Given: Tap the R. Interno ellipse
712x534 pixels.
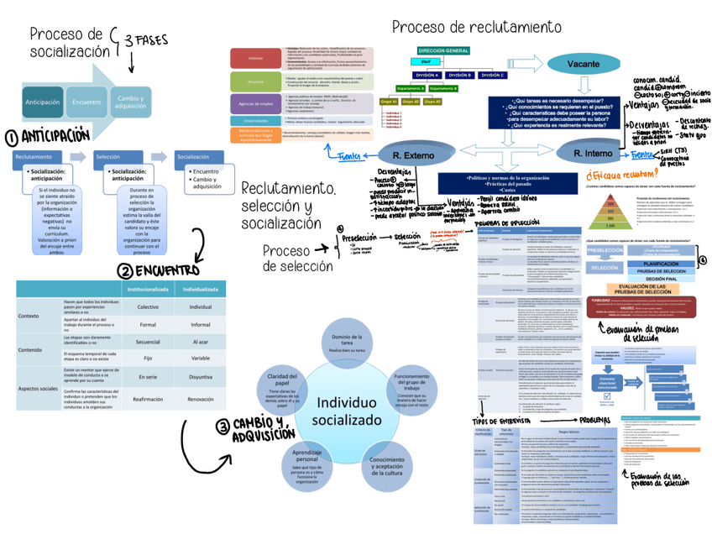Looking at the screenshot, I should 594,155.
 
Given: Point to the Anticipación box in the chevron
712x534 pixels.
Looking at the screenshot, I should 43,102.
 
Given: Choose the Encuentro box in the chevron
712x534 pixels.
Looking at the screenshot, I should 87,102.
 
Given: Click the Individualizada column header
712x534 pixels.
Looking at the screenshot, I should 200,289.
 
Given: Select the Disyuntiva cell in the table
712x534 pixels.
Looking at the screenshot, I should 200,378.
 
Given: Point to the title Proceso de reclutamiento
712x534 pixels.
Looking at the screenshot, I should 476,27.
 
